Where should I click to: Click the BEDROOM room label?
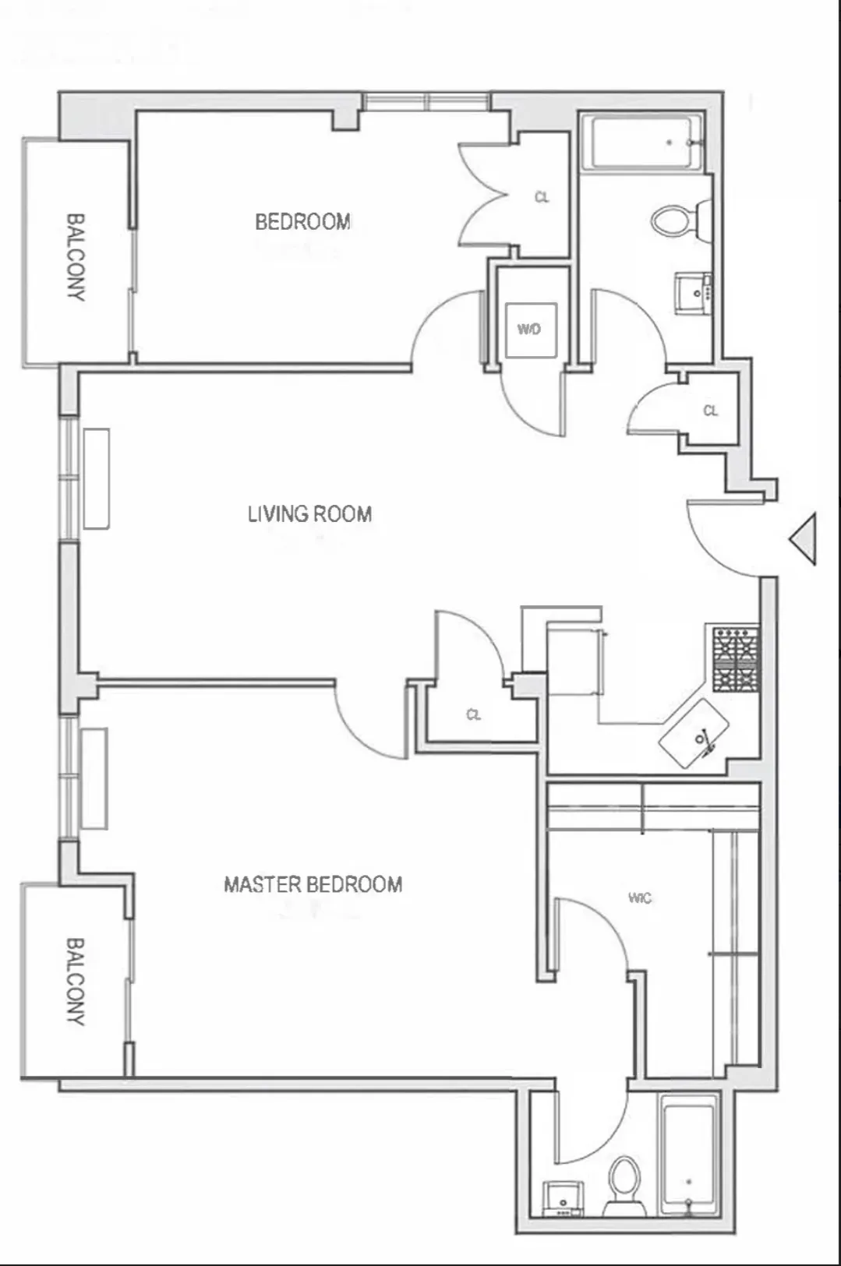(x=302, y=222)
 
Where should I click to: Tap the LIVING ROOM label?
(x=309, y=514)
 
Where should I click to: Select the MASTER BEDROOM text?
(x=313, y=884)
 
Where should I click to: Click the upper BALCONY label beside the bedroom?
(x=75, y=257)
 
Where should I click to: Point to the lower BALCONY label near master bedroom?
(x=75, y=981)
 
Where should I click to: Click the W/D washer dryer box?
(x=530, y=330)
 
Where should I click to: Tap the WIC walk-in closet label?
(x=639, y=898)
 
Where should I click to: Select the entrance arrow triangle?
(x=804, y=538)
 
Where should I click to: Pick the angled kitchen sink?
(x=694, y=733)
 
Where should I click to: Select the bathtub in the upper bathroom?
(x=643, y=143)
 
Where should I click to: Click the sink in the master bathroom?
(x=563, y=1198)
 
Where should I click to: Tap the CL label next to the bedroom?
(x=542, y=198)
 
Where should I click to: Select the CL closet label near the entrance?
(x=710, y=411)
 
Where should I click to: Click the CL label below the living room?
(x=474, y=714)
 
